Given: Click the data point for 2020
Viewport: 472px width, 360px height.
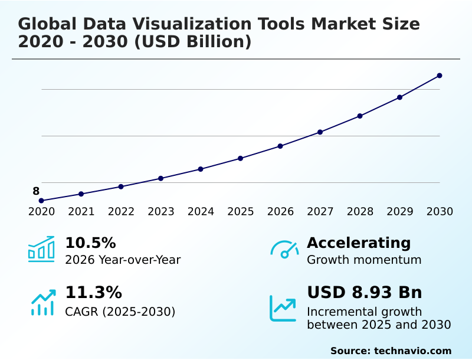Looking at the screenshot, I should click(41, 201).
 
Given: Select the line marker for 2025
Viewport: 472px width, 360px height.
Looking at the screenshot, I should click(241, 158).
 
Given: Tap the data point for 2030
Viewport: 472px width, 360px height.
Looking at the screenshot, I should click(440, 76).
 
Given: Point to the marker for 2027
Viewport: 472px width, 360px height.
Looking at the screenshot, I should click(320, 132).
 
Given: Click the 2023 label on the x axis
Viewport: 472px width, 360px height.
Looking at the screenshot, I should click(161, 212).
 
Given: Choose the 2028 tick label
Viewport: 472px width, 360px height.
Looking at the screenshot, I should click(360, 212).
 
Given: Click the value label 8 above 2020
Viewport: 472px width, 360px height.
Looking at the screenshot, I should click(36, 191).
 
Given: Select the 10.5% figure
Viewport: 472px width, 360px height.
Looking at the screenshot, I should click(90, 243).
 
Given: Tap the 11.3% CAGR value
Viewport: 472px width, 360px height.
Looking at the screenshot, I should click(93, 293).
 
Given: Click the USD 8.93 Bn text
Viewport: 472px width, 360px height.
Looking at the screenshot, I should click(365, 293).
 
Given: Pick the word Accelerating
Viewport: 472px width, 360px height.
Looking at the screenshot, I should click(359, 243).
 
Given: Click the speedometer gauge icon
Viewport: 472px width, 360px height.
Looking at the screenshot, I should click(284, 250).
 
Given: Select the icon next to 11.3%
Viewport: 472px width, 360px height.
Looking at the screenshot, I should click(42, 302).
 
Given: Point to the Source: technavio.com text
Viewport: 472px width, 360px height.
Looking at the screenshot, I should click(391, 351).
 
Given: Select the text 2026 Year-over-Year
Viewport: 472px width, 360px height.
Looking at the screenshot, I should click(123, 260).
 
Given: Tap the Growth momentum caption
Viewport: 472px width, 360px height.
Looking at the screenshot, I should click(364, 260).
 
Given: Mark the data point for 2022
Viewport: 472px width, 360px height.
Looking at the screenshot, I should click(121, 186).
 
